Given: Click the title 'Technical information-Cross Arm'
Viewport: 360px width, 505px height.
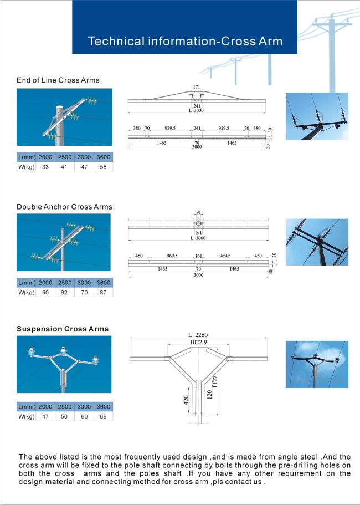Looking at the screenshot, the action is [x=185, y=41].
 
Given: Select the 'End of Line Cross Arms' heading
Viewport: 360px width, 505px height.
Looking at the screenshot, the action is [x=58, y=80].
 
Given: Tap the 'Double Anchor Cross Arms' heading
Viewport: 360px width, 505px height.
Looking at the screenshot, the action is [x=64, y=207].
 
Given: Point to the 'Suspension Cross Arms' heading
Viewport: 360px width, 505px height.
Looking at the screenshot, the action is [x=63, y=329].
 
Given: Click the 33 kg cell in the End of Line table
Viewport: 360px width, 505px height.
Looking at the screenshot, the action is [x=45, y=166].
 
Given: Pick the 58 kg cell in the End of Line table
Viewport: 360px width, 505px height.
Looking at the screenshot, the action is [x=103, y=166].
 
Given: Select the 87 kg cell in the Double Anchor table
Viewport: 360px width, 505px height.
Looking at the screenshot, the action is [x=103, y=292].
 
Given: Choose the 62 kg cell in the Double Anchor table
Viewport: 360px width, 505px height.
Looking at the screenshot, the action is [x=64, y=292].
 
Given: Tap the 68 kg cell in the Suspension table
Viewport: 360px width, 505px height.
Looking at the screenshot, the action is [x=103, y=416].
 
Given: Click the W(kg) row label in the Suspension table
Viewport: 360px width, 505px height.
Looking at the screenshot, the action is [x=27, y=416].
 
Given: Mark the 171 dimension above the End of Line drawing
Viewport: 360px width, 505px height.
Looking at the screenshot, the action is [x=197, y=87].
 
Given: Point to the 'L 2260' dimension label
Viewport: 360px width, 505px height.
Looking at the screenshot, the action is [x=200, y=335].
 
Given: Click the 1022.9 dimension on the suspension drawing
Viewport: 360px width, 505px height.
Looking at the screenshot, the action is [x=198, y=341].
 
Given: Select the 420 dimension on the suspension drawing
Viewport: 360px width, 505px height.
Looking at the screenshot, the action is [x=186, y=400].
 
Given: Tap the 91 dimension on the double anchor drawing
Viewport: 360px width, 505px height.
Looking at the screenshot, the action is [x=198, y=212].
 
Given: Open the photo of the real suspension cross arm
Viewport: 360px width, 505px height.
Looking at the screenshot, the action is [x=317, y=364].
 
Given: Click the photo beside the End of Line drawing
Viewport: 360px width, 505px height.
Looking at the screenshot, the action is [x=317, y=116].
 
